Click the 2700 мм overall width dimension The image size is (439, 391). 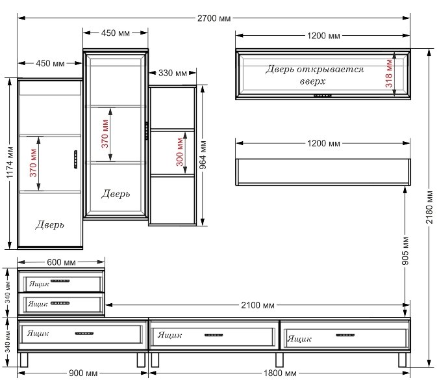pyautogui.click(x=214, y=18)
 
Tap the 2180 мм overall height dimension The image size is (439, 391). pyautogui.click(x=429, y=207)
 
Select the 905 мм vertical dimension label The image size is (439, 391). pyautogui.click(x=405, y=250)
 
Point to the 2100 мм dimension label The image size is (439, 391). pyautogui.click(x=258, y=305)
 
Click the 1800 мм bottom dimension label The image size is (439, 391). pyautogui.click(x=280, y=373)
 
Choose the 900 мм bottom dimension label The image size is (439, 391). pyautogui.click(x=83, y=373)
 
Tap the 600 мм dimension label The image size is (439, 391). pyautogui.click(x=61, y=262)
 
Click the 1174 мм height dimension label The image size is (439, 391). pyautogui.click(x=10, y=163)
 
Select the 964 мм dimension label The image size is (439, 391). pyautogui.click(x=203, y=155)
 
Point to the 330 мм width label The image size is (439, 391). pyautogui.click(x=173, y=74)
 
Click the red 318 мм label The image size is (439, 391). pyautogui.click(x=389, y=74)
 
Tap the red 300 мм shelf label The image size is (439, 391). pyautogui.click(x=180, y=152)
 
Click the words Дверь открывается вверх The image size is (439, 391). pyautogui.click(x=314, y=75)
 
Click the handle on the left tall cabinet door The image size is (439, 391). pyautogui.click(x=75, y=159)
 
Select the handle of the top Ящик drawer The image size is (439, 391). pyautogui.click(x=60, y=281)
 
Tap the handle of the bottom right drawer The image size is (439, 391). pyautogui.click(x=345, y=335)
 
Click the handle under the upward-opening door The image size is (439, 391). pyautogui.click(x=323, y=96)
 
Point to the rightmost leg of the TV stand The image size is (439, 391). pyautogui.click(x=403, y=360)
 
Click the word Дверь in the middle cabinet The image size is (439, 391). pyautogui.click(x=116, y=194)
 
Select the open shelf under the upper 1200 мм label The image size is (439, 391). pyautogui.click(x=323, y=172)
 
